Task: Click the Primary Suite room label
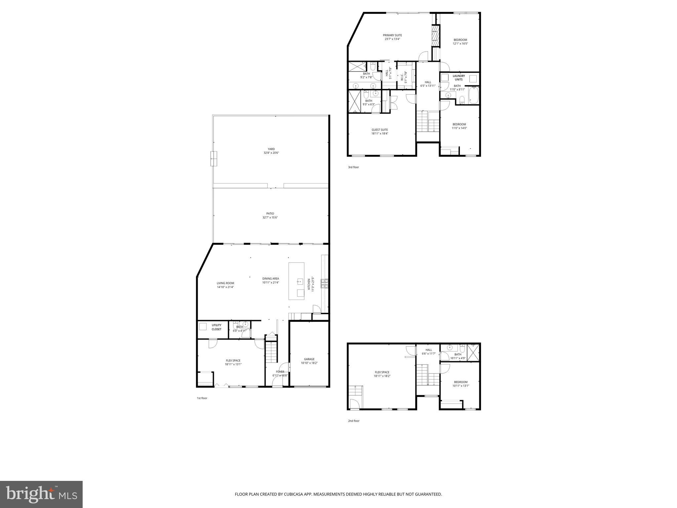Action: click(x=392, y=35)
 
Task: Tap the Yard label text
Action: click(x=271, y=149)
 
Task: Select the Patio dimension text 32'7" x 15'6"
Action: click(x=270, y=218)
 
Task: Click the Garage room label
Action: click(x=309, y=359)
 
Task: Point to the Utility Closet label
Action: click(x=217, y=327)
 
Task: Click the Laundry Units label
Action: click(x=458, y=78)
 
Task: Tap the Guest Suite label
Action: click(x=379, y=130)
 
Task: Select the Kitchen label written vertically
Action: click(x=309, y=284)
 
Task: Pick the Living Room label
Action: click(x=225, y=283)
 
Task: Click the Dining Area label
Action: click(x=270, y=278)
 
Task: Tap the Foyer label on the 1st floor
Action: click(x=280, y=372)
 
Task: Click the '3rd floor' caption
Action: click(x=353, y=167)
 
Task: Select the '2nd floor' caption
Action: click(x=353, y=421)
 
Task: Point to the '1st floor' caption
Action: click(x=202, y=398)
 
